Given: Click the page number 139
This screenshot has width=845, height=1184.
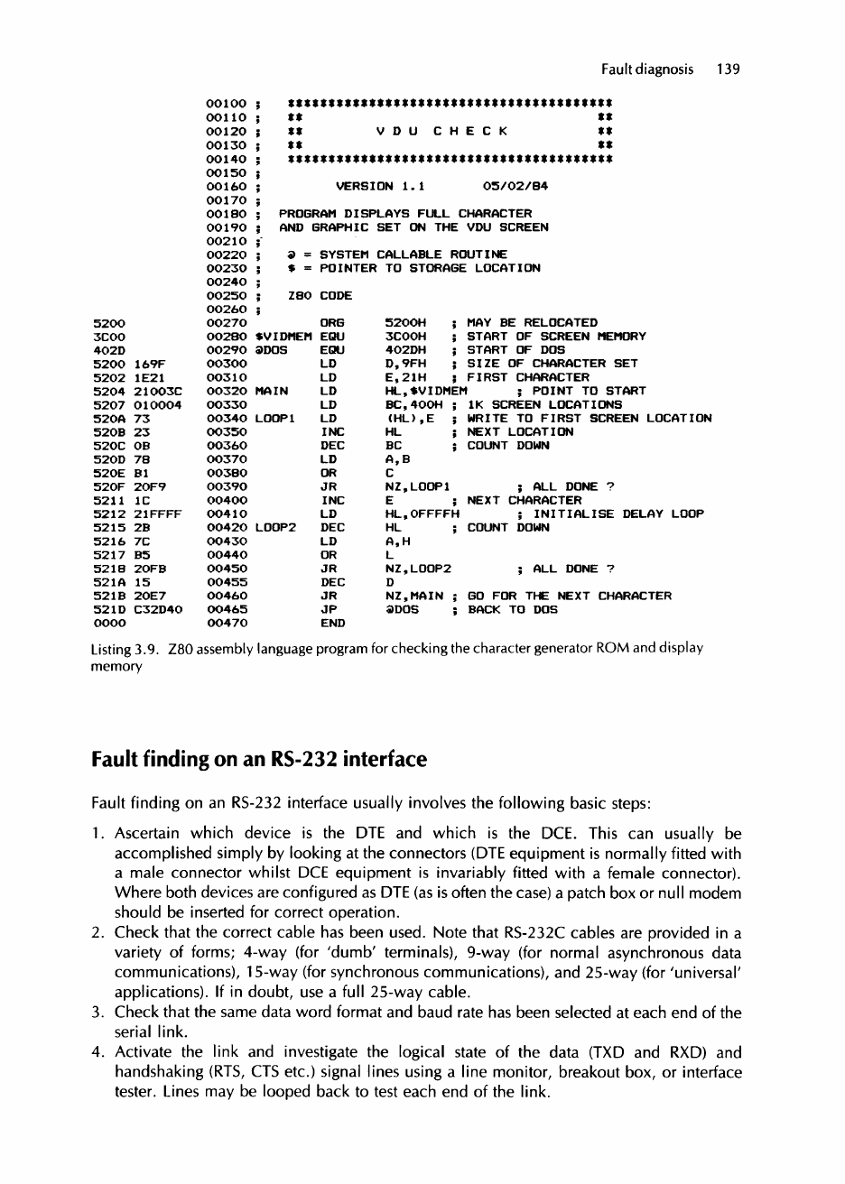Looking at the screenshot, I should [729, 69].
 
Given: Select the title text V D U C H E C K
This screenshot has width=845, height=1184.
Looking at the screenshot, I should [441, 131].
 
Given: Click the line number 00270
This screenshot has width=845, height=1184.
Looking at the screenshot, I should [226, 322].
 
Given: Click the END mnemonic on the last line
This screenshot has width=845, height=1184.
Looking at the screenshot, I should [333, 623].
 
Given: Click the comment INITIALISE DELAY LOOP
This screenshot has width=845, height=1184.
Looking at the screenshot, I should [618, 513].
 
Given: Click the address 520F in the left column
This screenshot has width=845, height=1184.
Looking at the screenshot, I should [107, 486].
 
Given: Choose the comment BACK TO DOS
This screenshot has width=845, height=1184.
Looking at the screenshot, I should [512, 609].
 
